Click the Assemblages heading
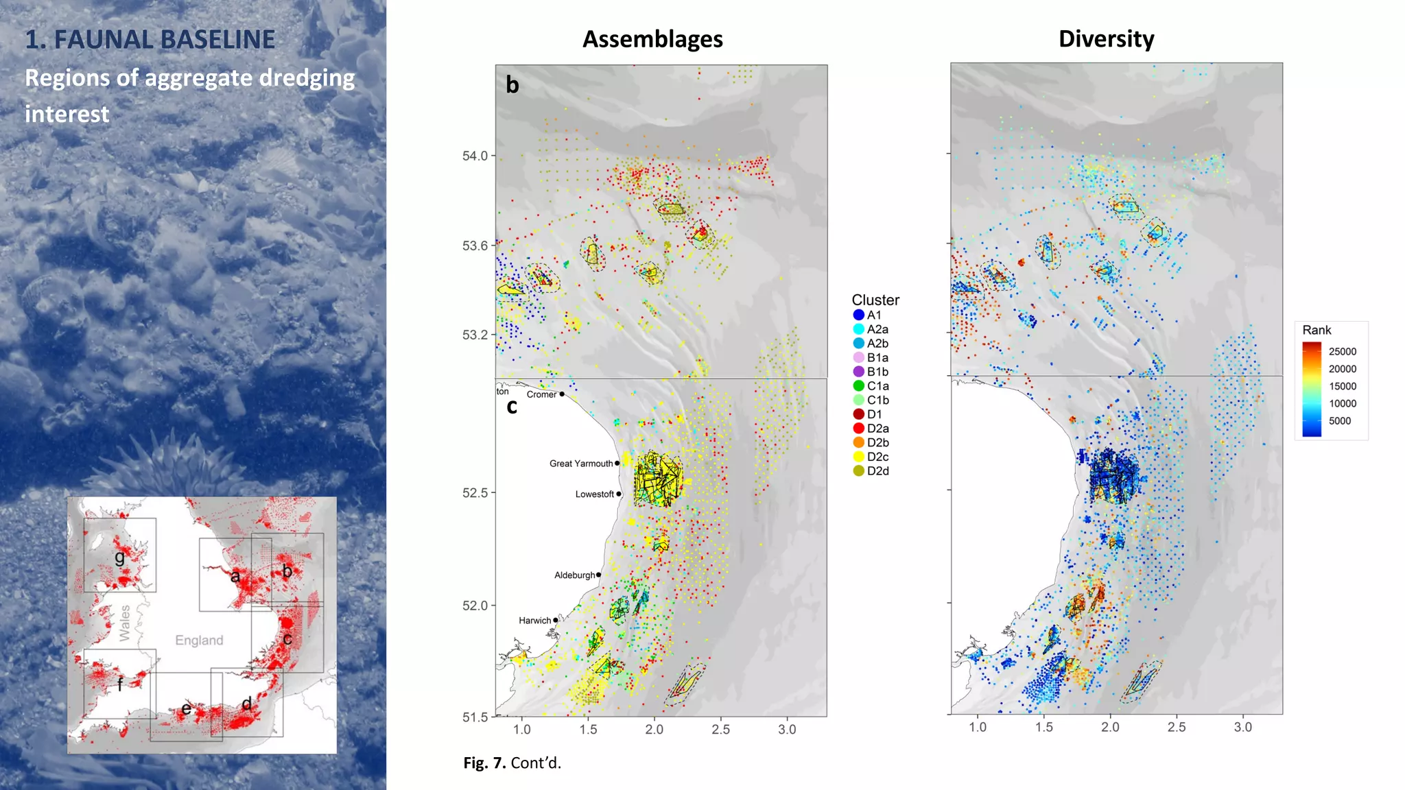coord(652,39)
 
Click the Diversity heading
coord(1106,39)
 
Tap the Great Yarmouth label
coord(581,464)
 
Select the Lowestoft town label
coord(594,494)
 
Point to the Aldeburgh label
coord(574,575)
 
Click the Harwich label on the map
coord(534,621)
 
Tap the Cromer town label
coord(541,394)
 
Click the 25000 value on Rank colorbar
coord(1342,352)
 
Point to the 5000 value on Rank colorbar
coord(1339,421)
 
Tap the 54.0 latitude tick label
coord(475,156)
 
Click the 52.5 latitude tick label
coord(475,493)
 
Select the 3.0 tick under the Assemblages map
coord(787,730)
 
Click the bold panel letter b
coord(512,85)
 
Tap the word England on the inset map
coord(199,641)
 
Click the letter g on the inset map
coord(120,557)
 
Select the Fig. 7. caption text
coord(512,763)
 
